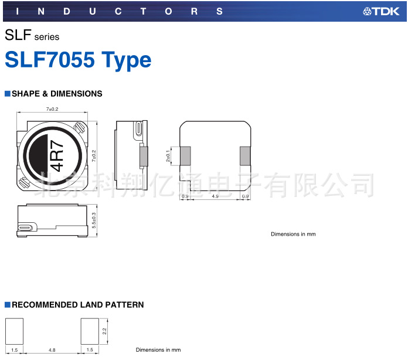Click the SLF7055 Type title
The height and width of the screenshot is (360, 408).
78,60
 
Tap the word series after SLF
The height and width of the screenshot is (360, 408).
46,37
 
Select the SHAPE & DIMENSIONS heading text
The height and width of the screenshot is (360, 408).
57,94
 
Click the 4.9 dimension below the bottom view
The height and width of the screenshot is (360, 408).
215,196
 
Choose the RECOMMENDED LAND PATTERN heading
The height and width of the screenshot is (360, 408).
77,305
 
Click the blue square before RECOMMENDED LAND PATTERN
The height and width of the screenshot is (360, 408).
8,305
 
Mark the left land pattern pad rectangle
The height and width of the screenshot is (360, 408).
14,330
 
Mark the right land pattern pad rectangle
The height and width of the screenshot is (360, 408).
90,330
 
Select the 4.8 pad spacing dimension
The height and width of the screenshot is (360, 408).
52,350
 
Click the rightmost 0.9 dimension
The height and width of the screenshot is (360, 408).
245,196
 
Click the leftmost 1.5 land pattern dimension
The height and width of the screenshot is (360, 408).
14,350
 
